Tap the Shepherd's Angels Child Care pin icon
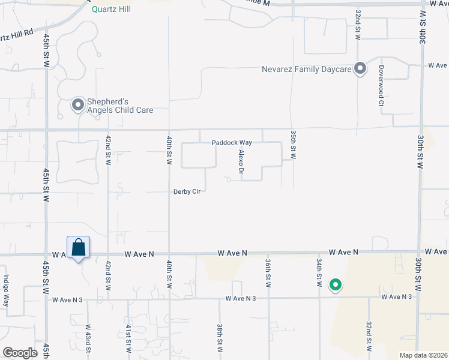tap(77, 106)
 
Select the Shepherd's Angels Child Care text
tap(119, 106)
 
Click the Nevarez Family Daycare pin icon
tap(360, 69)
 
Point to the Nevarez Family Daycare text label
tap(306, 69)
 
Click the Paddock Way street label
tap(231, 143)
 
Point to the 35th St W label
tap(294, 145)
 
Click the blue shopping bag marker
tap(78, 247)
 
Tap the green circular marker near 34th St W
tap(336, 286)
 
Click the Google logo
tap(20, 352)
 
